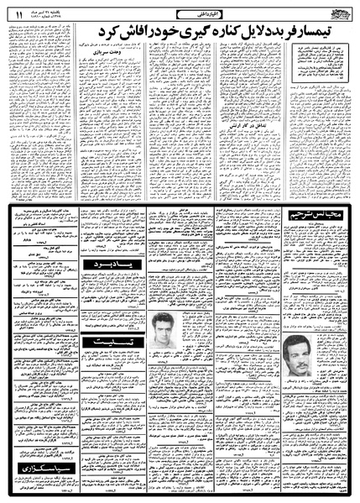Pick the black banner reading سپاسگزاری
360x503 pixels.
pos(43,462)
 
